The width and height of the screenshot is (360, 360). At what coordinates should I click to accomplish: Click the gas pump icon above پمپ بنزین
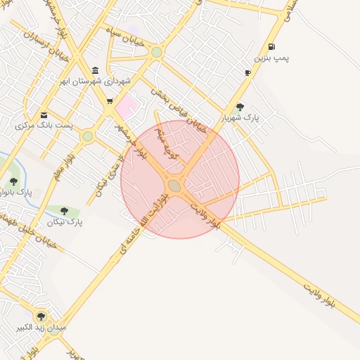[x=271, y=46]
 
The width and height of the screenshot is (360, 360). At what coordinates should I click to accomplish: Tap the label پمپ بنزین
[x=271, y=57]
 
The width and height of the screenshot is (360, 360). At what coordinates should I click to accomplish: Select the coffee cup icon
[x=248, y=72]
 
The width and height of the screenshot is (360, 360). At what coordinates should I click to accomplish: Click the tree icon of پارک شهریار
[x=240, y=107]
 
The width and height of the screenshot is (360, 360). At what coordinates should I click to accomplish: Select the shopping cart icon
[x=110, y=101]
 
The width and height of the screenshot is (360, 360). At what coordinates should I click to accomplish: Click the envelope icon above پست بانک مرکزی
[x=44, y=115]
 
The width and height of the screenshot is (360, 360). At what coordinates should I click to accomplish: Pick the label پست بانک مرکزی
[x=44, y=125]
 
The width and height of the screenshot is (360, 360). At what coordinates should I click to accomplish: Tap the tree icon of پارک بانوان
[x=13, y=181]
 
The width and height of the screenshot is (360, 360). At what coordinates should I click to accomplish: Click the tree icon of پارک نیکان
[x=65, y=210]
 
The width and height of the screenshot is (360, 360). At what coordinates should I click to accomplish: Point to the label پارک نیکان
[x=65, y=221]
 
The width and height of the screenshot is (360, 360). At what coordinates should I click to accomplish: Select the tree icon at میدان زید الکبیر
[x=40, y=316]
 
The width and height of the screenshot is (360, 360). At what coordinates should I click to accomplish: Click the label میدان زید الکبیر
[x=40, y=328]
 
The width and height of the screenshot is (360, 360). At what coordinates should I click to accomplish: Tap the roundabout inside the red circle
[x=174, y=185]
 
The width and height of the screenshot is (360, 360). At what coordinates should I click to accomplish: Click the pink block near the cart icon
[x=127, y=107]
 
